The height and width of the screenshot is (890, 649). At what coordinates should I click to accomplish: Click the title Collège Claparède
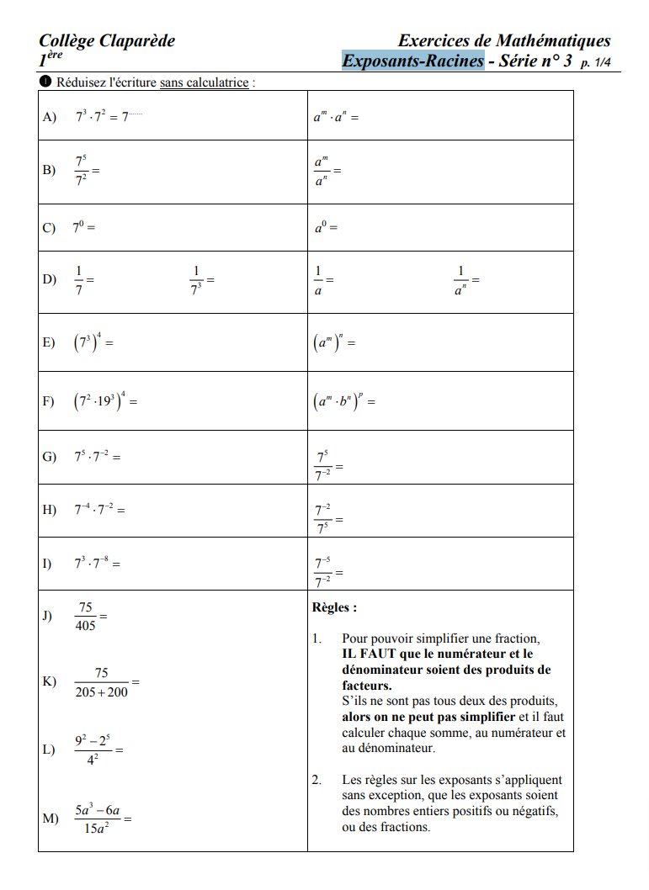106,40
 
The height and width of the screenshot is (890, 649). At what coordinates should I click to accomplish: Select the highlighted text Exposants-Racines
412,61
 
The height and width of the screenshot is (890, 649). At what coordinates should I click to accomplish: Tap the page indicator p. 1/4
595,62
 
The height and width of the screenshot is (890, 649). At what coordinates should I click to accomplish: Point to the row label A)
49,117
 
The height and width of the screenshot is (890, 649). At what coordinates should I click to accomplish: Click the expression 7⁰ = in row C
83,227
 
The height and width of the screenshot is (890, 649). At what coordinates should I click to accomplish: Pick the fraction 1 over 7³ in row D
197,279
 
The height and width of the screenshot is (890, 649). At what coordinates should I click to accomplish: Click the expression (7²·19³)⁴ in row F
104,402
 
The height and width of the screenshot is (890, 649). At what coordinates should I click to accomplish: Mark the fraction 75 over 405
86,617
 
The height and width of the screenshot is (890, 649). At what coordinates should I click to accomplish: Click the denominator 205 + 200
102,691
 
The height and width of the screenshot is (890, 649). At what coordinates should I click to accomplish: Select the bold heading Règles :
334,607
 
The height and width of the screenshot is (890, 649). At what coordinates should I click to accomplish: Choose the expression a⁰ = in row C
325,227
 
